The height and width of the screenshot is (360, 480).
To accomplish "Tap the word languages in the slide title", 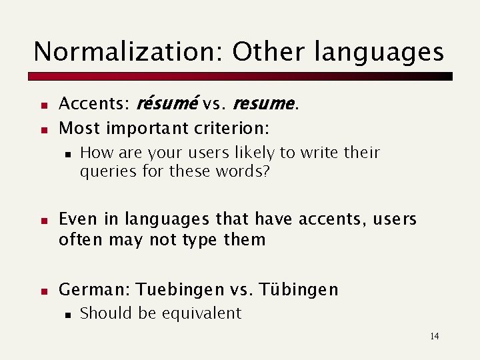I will (377, 52).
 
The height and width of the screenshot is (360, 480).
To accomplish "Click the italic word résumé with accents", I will (167, 103).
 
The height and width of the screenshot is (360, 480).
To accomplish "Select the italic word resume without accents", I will (263, 103).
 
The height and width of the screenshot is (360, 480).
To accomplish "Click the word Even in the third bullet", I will (76, 219).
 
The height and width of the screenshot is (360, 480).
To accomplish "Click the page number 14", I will (434, 336).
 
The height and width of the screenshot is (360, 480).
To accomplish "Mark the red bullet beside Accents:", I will (43, 105).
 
